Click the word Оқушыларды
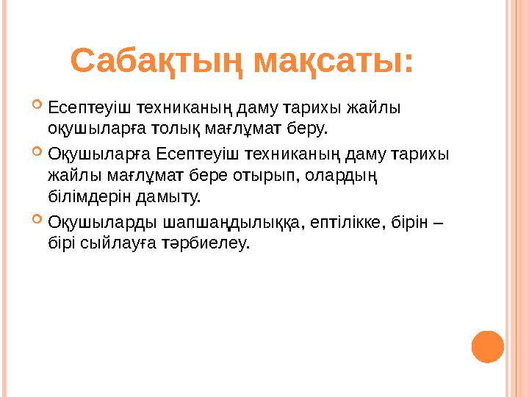click(101, 221)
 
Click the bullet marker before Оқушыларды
click(38, 220)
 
